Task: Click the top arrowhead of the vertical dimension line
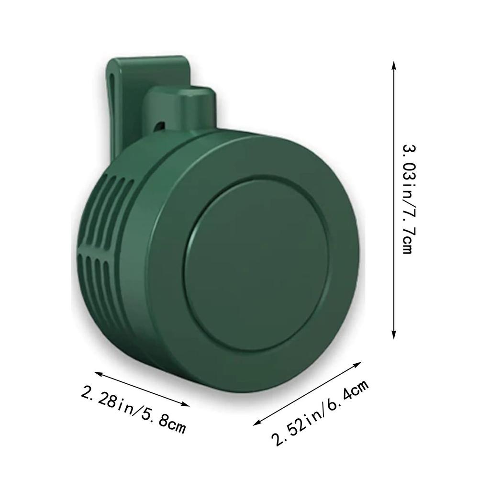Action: (393, 65)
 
